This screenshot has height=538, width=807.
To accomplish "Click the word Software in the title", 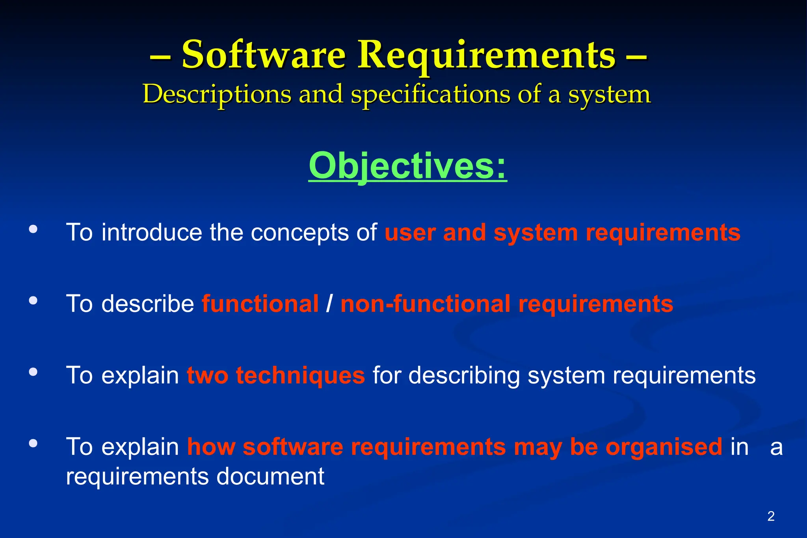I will (263, 55).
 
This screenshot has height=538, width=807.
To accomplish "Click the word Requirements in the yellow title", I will (486, 55).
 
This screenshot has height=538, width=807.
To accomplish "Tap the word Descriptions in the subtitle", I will (217, 95).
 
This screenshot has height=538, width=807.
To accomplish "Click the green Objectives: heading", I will (407, 166).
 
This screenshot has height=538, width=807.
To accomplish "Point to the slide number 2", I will (771, 516).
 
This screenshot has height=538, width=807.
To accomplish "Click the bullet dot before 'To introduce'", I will (33, 229).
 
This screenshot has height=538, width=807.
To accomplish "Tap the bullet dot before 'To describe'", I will (33, 301).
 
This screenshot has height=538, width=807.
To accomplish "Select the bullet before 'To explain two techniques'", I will (33, 372).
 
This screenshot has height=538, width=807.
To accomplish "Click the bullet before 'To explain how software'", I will (33, 443).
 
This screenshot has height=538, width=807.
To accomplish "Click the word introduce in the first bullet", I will (152, 232).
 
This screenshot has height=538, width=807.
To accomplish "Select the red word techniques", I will (300, 375).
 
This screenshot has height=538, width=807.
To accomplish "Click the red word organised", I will (664, 447).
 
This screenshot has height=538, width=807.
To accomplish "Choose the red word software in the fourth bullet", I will (293, 447).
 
